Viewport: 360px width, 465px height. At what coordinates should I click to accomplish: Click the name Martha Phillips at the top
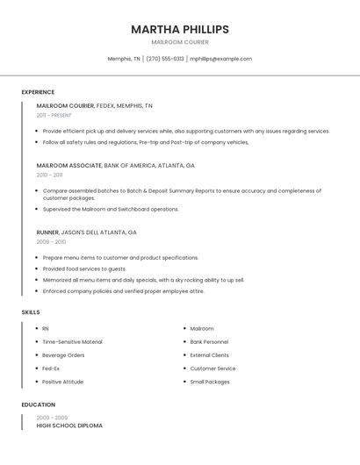(180, 29)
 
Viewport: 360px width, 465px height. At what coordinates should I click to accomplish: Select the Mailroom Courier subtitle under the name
(180, 42)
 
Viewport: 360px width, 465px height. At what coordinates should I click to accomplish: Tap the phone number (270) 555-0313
(165, 59)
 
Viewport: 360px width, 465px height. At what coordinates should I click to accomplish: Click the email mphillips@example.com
(221, 59)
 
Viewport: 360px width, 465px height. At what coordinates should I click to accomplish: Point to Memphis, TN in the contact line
(124, 59)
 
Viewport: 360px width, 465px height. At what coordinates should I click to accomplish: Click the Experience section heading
(38, 92)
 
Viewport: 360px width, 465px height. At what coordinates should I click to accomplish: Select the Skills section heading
(31, 312)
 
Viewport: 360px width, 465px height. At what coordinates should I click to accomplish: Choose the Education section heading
(38, 404)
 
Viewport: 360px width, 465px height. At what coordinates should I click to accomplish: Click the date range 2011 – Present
(54, 115)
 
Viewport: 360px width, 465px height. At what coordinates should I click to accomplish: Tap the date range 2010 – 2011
(50, 175)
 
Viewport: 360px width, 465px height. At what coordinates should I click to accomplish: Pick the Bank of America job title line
(116, 165)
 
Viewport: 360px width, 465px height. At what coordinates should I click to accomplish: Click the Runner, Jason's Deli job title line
(87, 232)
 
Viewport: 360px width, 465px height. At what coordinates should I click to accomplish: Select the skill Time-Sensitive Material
(72, 342)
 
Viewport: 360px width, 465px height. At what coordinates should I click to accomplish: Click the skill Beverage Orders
(63, 355)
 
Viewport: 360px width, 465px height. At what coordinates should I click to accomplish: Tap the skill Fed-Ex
(51, 368)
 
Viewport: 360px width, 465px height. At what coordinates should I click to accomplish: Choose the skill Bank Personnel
(209, 342)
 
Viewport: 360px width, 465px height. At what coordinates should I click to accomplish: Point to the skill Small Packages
(210, 382)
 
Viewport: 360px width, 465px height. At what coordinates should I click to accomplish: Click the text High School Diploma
(69, 426)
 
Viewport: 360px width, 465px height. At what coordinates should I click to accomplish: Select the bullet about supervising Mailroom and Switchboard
(111, 210)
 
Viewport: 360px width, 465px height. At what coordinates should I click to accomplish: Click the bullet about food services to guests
(84, 269)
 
